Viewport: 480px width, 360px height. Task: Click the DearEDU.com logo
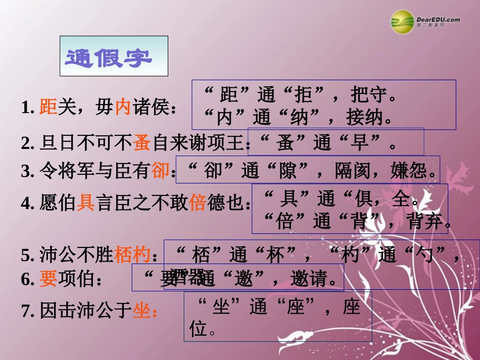coord(425,21)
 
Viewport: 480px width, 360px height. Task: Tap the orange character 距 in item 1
coord(48,107)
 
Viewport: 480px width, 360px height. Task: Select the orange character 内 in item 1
coord(123,107)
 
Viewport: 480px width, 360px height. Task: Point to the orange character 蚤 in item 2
coord(142,144)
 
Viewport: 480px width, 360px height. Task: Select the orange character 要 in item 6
coord(48,279)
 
